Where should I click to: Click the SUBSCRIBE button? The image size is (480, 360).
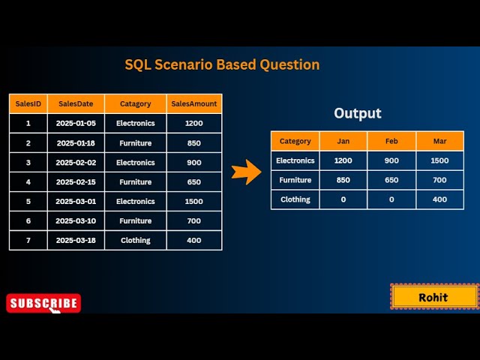(x=43, y=303)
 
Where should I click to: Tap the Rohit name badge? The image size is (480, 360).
(x=433, y=297)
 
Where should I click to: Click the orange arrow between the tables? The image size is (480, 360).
(x=244, y=172)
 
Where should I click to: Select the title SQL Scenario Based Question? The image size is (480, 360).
(x=222, y=64)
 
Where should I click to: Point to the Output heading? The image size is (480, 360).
(x=358, y=113)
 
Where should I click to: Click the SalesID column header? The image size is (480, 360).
(x=28, y=103)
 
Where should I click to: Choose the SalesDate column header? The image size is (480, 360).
(x=76, y=103)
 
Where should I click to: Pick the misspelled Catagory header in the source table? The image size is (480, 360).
(x=136, y=103)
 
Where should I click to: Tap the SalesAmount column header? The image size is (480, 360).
(x=194, y=103)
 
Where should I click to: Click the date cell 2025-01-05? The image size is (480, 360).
(x=76, y=123)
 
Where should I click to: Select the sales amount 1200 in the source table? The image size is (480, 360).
(x=194, y=123)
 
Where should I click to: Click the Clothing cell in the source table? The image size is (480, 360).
(x=136, y=240)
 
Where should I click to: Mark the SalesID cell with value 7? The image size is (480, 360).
(x=28, y=240)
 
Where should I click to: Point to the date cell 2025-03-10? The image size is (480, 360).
(x=76, y=220)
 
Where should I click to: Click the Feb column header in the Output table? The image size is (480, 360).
(x=391, y=140)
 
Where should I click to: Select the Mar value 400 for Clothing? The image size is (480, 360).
(x=439, y=199)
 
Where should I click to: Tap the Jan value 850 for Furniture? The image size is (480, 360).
(x=343, y=180)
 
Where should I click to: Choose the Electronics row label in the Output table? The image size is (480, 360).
(x=295, y=160)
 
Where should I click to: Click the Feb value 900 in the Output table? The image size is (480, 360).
(x=391, y=160)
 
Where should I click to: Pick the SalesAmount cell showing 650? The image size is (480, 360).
(x=194, y=181)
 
